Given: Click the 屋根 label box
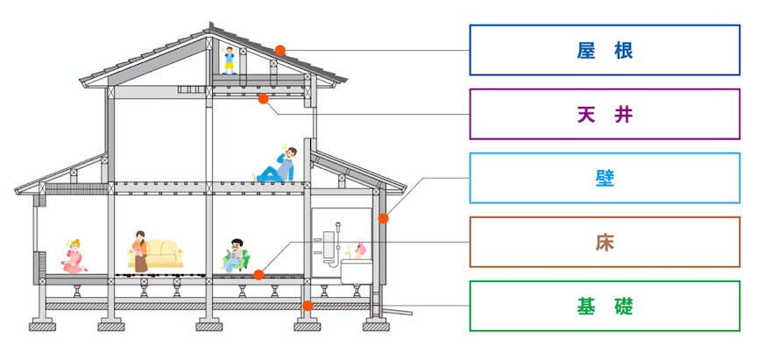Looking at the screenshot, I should click(x=605, y=50).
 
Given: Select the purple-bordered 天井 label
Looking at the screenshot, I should click(x=605, y=114).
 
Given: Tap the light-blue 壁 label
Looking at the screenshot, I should click(x=605, y=178).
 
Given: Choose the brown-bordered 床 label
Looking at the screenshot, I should click(x=605, y=242).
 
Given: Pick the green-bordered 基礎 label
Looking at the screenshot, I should click(x=605, y=306).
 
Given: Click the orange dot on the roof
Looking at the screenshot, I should click(x=279, y=50).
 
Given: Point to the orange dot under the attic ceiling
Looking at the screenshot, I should click(x=262, y=99).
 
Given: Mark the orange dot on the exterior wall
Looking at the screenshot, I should click(x=384, y=217).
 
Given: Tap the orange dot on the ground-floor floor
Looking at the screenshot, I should click(x=258, y=275).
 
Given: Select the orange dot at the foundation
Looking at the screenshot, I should click(x=308, y=306).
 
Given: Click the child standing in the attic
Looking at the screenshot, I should click(x=230, y=60).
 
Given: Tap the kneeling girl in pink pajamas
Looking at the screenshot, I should click(x=74, y=257).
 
